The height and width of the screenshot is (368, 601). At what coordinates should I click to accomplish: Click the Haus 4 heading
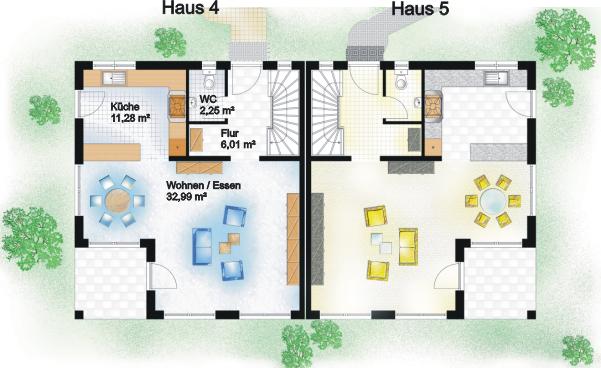[x=190, y=8]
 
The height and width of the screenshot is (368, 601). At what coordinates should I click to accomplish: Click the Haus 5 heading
[x=420, y=8]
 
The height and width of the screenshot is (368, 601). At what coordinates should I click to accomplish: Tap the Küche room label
[x=125, y=107]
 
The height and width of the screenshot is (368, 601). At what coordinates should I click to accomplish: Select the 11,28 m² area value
[x=130, y=118]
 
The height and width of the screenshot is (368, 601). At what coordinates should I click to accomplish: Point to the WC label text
[x=208, y=101]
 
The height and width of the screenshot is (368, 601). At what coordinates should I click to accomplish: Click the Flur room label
[x=230, y=133]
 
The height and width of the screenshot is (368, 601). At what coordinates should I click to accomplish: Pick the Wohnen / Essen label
[x=204, y=186]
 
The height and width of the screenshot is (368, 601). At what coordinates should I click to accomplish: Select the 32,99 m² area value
[x=187, y=197]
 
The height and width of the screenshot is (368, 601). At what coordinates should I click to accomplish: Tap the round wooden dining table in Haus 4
[x=117, y=200]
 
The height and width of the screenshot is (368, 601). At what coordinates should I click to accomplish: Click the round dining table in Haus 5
[x=493, y=200]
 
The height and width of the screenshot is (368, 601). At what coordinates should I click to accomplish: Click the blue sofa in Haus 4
[x=202, y=246]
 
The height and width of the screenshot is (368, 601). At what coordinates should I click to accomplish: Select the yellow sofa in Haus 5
[x=408, y=246]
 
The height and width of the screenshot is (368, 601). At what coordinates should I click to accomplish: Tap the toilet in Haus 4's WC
[x=209, y=80]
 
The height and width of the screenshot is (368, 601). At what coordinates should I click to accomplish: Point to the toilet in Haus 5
[x=402, y=80]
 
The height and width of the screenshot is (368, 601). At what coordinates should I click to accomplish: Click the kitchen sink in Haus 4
[x=114, y=79]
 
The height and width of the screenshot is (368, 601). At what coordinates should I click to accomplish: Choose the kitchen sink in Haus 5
[x=496, y=78]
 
